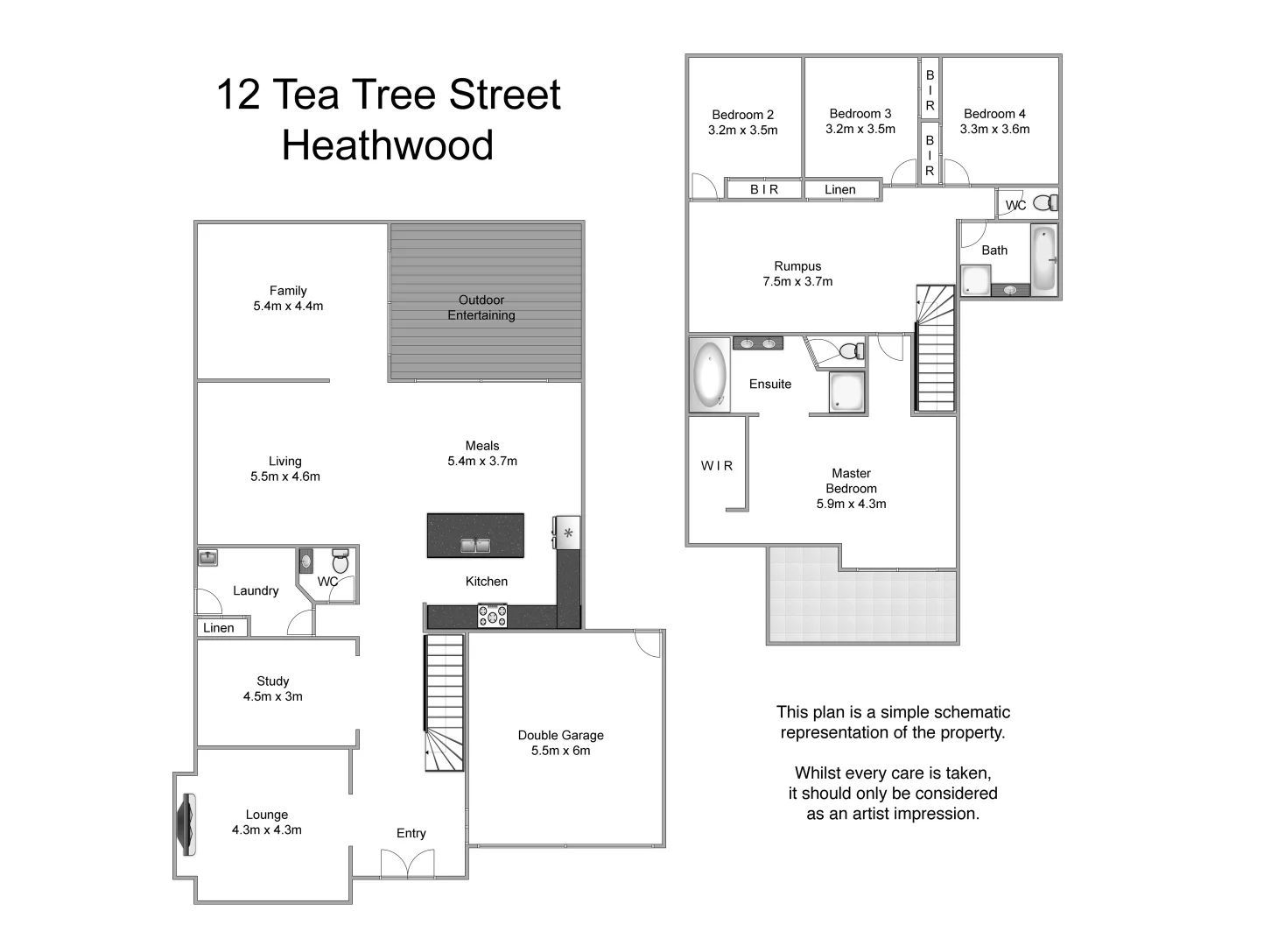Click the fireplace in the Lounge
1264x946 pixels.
187,824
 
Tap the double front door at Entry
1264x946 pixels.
407,865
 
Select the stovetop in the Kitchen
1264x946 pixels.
492,617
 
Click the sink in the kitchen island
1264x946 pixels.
475,546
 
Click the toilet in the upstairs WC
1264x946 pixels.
1043,203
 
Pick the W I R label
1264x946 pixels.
717,466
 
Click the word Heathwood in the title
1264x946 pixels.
388,145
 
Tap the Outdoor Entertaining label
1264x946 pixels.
481,307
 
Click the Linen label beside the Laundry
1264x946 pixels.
219,628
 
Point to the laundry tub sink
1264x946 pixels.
207,557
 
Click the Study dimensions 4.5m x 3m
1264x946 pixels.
273,696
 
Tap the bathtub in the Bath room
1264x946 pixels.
1043,258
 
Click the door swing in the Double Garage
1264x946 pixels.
649,643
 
